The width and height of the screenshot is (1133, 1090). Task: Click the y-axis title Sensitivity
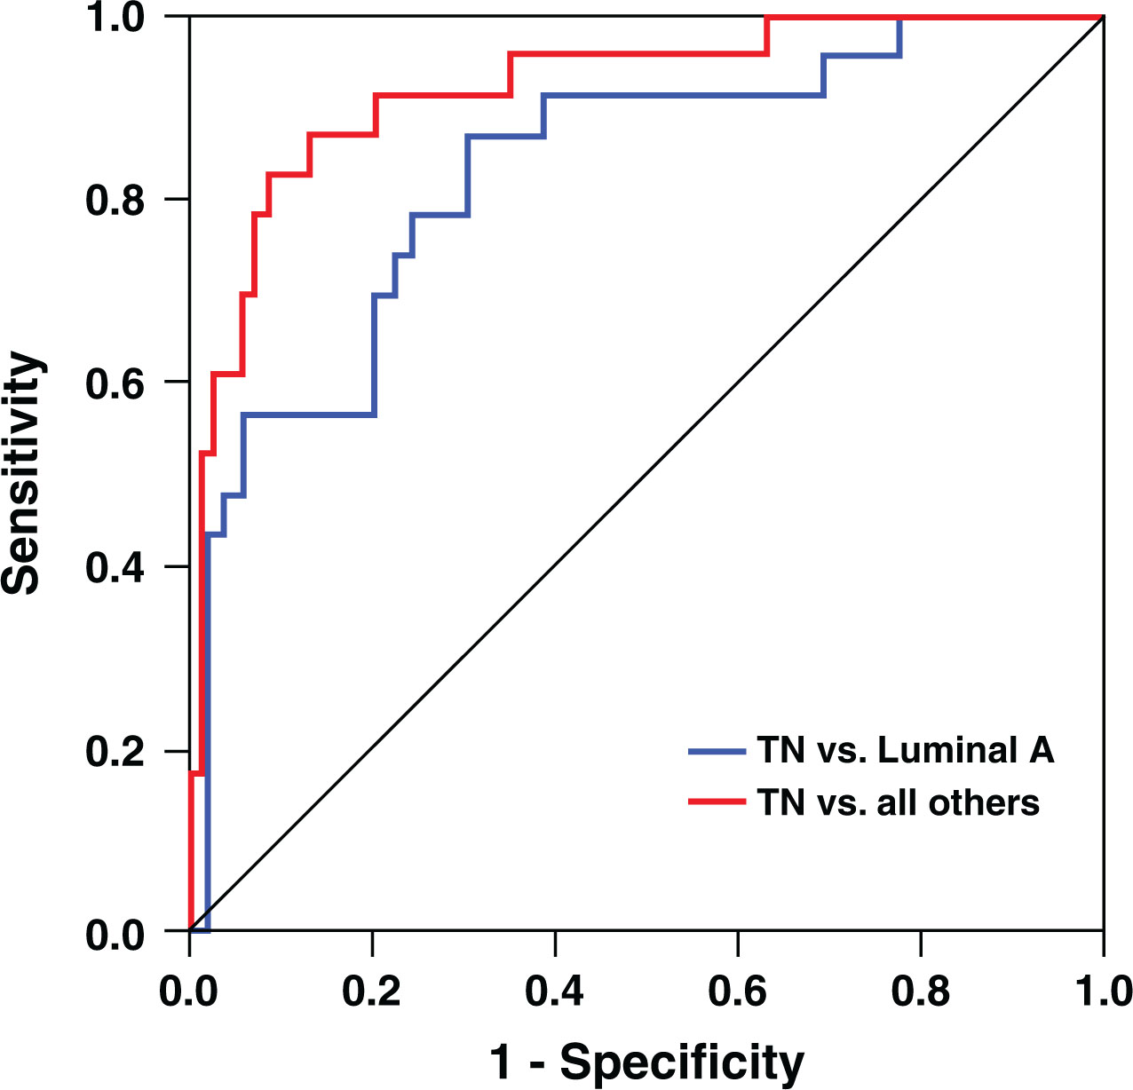coord(23,472)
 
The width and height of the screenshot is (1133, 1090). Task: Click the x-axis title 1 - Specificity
coord(646,1062)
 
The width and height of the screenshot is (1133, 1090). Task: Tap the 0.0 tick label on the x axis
coord(189,991)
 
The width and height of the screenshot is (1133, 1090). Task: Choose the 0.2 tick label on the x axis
coord(372,991)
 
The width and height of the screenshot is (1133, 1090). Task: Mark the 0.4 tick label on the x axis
coord(554,991)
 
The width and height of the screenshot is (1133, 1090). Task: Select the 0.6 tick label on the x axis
coord(737,991)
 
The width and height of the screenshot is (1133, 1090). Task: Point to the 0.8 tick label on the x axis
coord(920,991)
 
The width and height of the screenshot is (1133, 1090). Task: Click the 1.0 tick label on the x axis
coord(1101,991)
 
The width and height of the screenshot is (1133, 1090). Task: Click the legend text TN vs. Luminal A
coord(906,751)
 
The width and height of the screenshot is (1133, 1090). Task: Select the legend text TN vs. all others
coord(898,802)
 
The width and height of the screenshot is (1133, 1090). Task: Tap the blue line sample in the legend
coord(717,752)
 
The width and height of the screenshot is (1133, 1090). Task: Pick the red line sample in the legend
coord(717,802)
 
